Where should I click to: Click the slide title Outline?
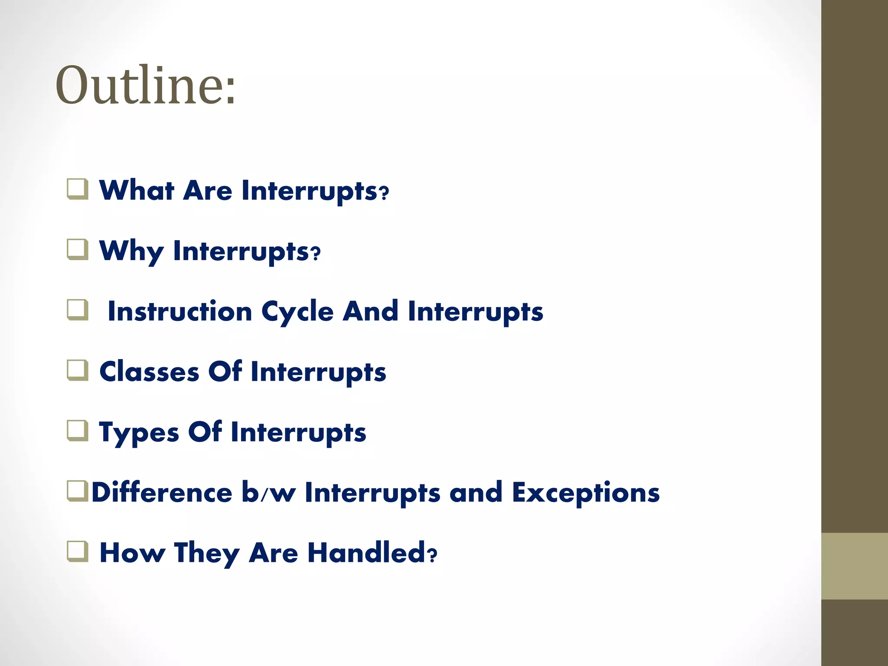[146, 85]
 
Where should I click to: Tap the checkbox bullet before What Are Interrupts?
[78, 189]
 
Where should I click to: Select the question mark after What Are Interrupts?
[384, 193]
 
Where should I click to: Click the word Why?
[131, 251]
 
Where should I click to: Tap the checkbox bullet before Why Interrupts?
[78, 250]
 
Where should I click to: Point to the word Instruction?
[180, 311]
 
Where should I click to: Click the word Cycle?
[297, 312]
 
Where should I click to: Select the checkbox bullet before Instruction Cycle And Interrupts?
[78, 310]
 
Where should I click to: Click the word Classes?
[149, 372]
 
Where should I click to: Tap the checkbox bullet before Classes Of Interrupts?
[78, 371]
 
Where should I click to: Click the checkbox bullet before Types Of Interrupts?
[78, 431]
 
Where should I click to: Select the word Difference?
[162, 493]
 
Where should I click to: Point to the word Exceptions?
[585, 493]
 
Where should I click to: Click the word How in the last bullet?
[132, 553]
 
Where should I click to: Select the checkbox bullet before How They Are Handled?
[78, 552]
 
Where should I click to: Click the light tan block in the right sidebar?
[854, 566]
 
